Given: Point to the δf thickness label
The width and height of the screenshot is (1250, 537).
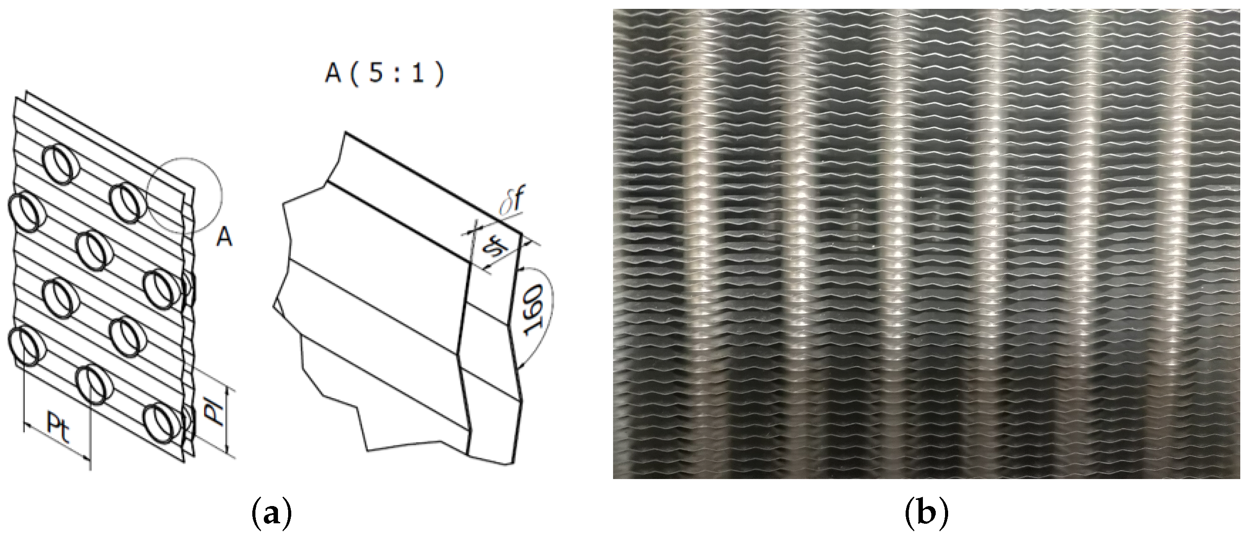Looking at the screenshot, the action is pos(513,204).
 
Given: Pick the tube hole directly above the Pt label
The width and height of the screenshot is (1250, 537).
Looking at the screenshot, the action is pos(95,385).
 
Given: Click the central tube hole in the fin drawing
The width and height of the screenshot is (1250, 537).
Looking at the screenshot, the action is pos(95,251).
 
